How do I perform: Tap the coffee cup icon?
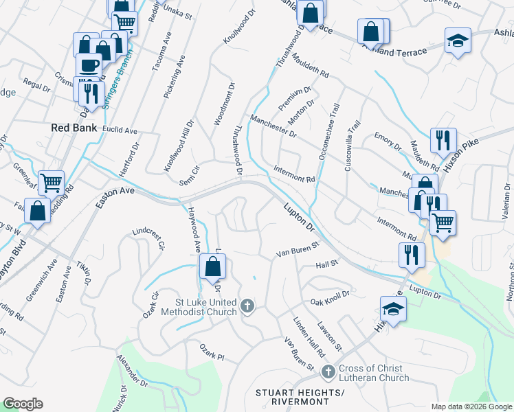[88, 66]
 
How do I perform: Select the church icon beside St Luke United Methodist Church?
[247, 305]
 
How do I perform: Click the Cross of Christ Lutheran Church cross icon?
[328, 371]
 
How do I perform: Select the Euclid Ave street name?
[120, 130]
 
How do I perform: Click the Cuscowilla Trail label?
[353, 147]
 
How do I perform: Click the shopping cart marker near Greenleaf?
[52, 183]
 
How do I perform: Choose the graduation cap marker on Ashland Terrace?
[456, 41]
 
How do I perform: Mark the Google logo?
[23, 404]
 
